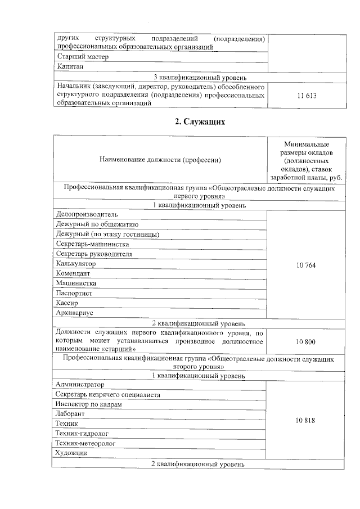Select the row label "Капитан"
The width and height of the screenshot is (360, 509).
[x=71, y=67]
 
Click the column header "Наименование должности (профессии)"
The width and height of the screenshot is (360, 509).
[x=160, y=160]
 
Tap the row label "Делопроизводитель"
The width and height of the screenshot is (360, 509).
[x=87, y=214]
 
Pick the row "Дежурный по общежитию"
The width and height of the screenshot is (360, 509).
[x=93, y=224]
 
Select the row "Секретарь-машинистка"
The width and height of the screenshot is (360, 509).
[x=93, y=244]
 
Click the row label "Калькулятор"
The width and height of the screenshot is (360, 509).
[x=76, y=264]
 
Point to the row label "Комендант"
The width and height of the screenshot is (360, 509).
[x=74, y=273]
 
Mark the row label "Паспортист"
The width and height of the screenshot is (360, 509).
[x=74, y=293]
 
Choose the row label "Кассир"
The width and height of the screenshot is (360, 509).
[x=67, y=303]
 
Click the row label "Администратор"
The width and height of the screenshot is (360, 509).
[x=80, y=385]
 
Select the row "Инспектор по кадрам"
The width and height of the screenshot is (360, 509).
[x=88, y=404]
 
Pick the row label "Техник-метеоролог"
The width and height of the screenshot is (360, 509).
[x=85, y=443]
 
